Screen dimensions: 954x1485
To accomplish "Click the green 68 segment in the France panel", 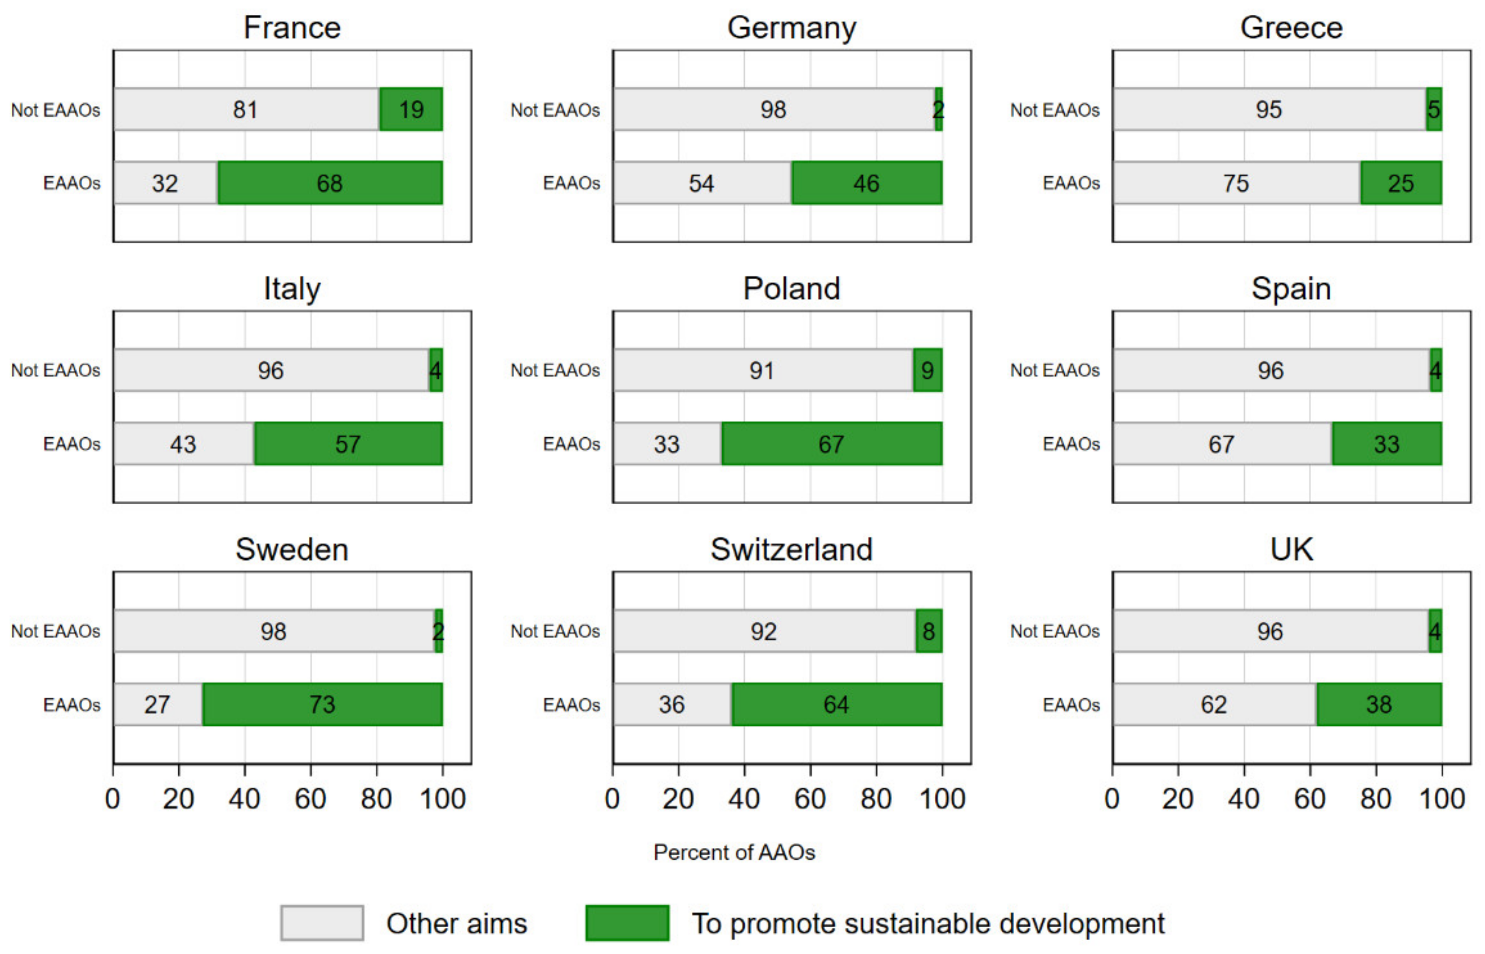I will pyautogui.click(x=330, y=183).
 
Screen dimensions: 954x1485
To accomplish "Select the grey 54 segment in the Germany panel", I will pyautogui.click(x=702, y=183).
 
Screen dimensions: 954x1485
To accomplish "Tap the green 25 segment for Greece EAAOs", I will pyautogui.click(x=1400, y=183).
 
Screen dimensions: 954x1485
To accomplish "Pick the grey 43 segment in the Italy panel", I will pyautogui.click(x=183, y=444).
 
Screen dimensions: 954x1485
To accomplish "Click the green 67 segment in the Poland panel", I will pyautogui.click(x=831, y=444).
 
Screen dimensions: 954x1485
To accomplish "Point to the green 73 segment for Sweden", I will pyautogui.click(x=322, y=705).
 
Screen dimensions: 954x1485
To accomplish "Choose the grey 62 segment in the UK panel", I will pyautogui.click(x=1213, y=705).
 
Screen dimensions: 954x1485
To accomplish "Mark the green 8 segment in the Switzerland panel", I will pyautogui.click(x=928, y=631).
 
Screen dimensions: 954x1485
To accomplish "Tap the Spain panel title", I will pyautogui.click(x=1291, y=289).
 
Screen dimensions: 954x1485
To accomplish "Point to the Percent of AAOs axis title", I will pyautogui.click(x=734, y=852).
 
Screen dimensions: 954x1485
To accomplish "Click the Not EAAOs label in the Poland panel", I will pyautogui.click(x=555, y=370).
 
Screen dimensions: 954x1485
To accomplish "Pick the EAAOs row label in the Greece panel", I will pyautogui.click(x=1071, y=183).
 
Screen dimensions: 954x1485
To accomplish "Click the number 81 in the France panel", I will pyautogui.click(x=245, y=110).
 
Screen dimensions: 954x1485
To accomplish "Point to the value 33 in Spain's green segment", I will pyautogui.click(x=1386, y=444).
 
